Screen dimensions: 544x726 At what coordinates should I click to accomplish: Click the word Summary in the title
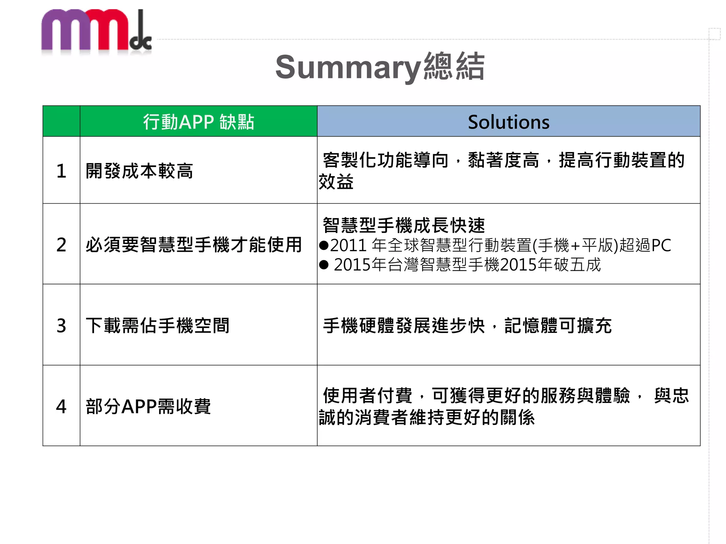coord(348,67)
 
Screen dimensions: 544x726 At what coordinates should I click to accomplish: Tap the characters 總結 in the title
coord(454,66)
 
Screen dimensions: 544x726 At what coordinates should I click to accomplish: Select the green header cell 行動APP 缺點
coord(199,122)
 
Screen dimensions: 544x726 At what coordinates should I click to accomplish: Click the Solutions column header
coord(508,122)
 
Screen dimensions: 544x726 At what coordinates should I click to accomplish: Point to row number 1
coord(61,171)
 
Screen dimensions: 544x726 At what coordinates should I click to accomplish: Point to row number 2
coord(61,245)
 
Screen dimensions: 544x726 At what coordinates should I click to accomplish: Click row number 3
coord(61,325)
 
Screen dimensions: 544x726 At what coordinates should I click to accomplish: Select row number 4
coord(61,406)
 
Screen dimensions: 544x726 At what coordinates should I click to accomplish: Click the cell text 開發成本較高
coord(139,171)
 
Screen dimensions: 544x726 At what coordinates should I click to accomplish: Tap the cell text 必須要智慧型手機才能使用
coord(194,245)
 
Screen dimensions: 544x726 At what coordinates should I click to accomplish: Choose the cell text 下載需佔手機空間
coord(158,325)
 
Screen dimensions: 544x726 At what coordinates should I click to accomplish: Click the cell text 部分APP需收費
coord(148,406)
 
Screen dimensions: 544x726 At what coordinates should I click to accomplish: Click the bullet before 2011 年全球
coord(324,245)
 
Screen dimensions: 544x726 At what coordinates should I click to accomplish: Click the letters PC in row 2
coord(661,245)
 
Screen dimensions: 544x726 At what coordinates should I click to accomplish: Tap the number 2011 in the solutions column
coord(348,245)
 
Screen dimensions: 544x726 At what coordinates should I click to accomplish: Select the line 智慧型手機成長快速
coord(404,225)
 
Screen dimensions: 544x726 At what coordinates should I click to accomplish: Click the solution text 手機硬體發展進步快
coord(404,325)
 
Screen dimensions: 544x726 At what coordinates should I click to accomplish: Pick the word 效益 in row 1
coord(336,182)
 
